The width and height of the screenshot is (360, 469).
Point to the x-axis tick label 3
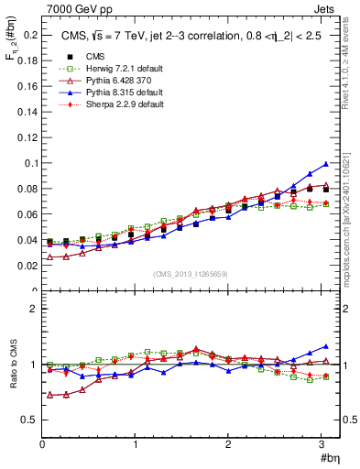pyautogui.click(x=321, y=444)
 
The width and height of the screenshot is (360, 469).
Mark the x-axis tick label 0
pyautogui.click(x=42, y=444)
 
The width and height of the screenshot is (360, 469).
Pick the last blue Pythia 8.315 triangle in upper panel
pyautogui.click(x=325, y=164)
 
